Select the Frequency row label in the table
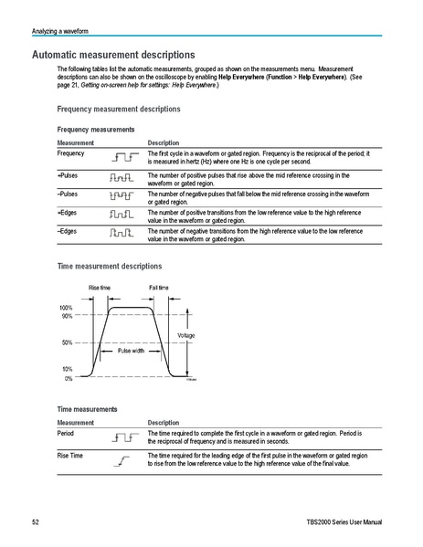tap(71, 153)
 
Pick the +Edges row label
tap(68, 212)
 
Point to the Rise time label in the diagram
tap(100, 288)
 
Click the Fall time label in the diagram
tap(159, 288)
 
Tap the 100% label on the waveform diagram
tap(66, 308)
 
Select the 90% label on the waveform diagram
tap(67, 316)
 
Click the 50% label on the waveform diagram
tap(67, 342)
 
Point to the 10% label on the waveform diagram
tap(67, 368)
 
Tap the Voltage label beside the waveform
tap(185, 336)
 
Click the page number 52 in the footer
tap(35, 521)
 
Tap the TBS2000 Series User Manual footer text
tap(346, 521)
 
